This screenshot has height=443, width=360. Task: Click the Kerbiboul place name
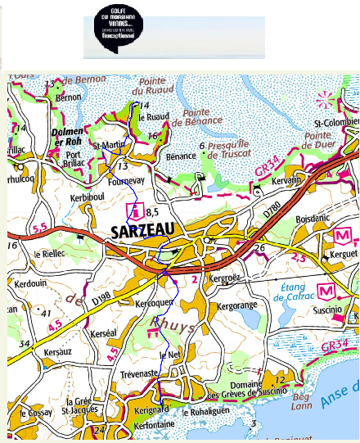[x=89, y=199]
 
